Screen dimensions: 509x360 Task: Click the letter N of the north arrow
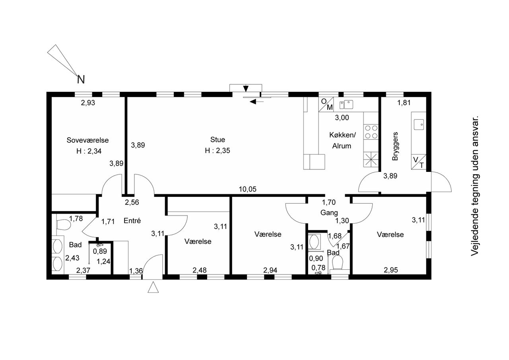[x=81, y=80]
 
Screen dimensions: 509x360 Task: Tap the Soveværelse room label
[x=87, y=140]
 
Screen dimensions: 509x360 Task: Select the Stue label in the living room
[x=218, y=140]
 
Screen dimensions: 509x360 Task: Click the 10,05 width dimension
[x=247, y=189]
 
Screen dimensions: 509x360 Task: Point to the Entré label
[x=132, y=220]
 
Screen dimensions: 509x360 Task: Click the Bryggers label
[x=395, y=146]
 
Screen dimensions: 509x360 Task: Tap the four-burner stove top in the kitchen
[x=371, y=132]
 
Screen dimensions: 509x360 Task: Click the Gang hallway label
[x=329, y=213]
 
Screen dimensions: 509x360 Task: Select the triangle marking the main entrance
[x=153, y=287]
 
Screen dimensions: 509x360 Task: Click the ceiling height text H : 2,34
[x=89, y=151]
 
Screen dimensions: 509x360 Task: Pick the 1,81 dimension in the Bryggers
[x=404, y=103]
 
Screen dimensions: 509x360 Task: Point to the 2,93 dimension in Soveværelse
[x=88, y=103]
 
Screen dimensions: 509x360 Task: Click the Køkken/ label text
[x=342, y=135]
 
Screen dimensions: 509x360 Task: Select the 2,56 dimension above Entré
[x=132, y=202]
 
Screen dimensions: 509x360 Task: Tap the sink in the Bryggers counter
[x=419, y=125]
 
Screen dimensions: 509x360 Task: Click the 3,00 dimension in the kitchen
[x=342, y=118]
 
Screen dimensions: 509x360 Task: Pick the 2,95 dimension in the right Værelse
[x=391, y=270]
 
